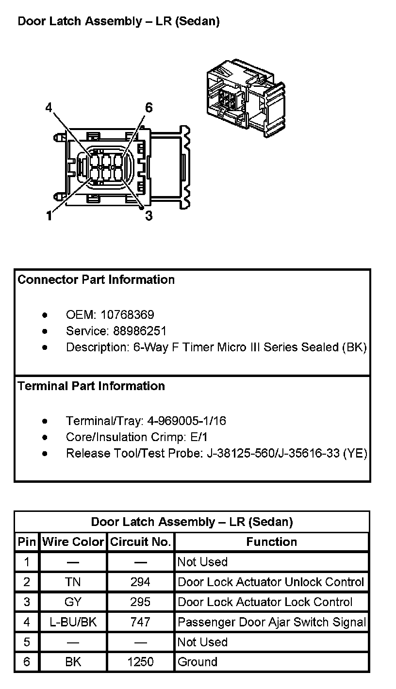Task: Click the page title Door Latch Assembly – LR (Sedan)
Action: point(118,22)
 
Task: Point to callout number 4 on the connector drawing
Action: point(49,108)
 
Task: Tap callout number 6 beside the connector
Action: point(149,108)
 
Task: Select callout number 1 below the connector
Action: point(49,216)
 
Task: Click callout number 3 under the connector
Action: point(149,216)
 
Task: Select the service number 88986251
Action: point(140,331)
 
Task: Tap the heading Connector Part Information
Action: point(96,280)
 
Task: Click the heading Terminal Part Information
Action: point(91,386)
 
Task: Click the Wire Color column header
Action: point(73,542)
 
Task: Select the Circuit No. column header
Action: point(140,542)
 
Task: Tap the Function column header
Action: point(271,542)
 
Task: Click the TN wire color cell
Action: point(73,582)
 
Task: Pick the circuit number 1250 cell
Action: point(140,662)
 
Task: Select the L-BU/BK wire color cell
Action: point(73,622)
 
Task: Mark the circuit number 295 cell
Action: point(140,602)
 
